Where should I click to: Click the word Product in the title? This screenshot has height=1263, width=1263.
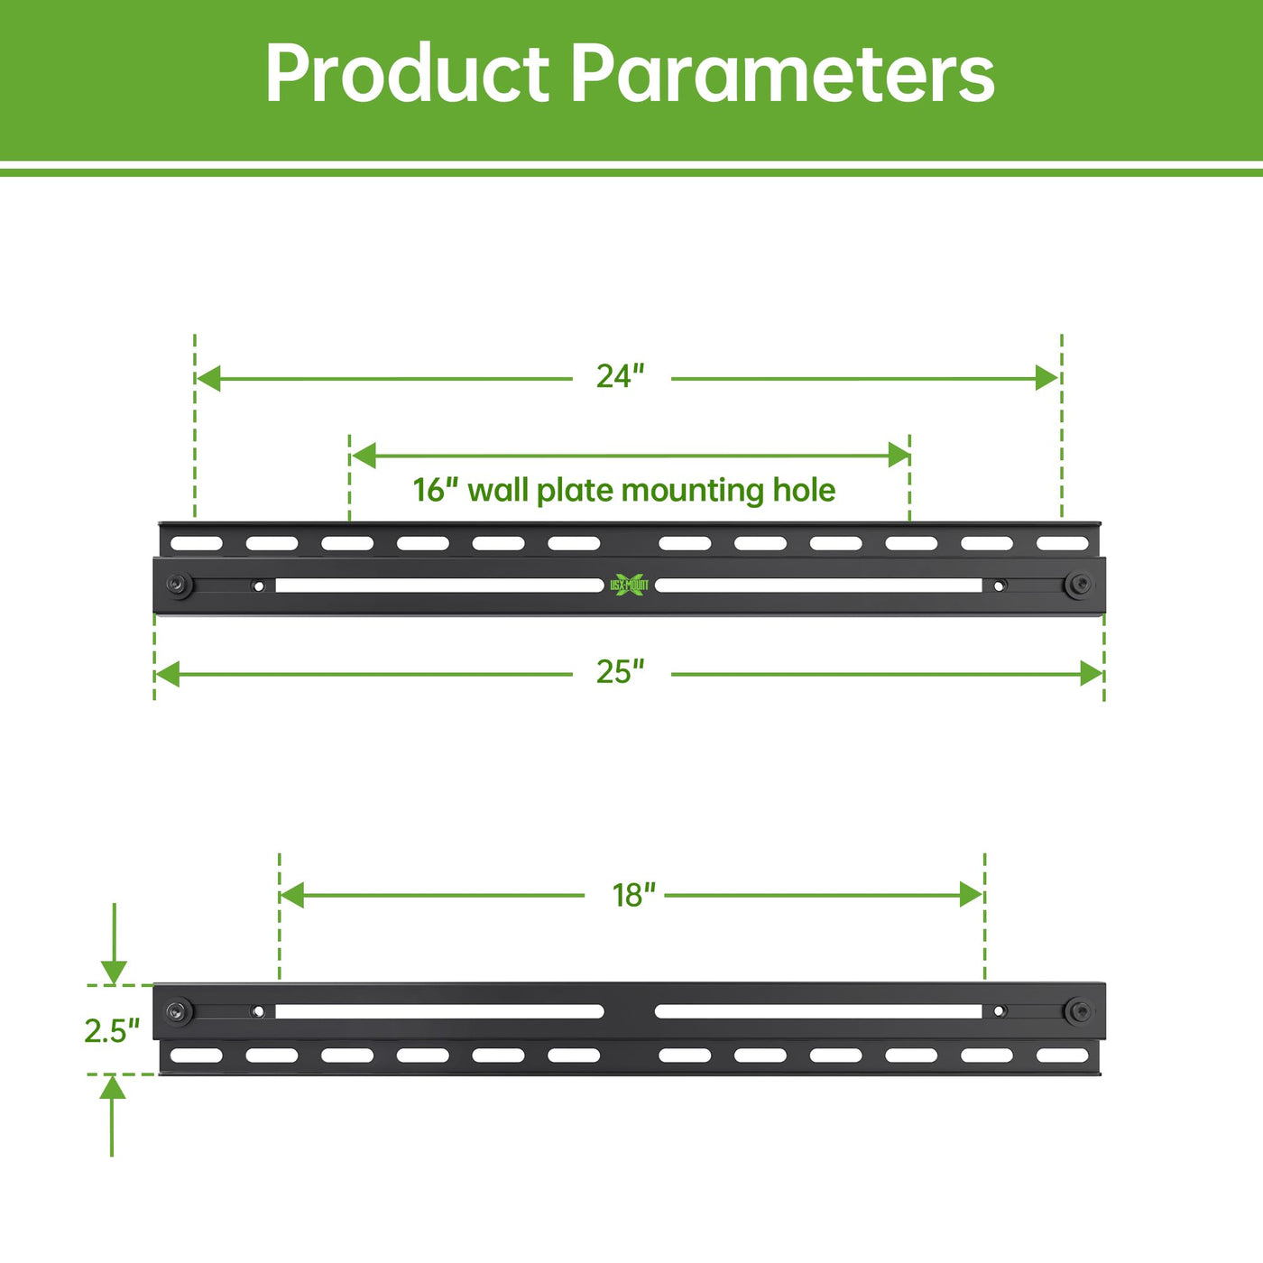click(407, 73)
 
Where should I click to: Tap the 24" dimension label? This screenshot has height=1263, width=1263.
click(620, 376)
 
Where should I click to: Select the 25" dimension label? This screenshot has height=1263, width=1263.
click(620, 671)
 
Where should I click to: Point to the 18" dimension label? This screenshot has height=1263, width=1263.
click(633, 895)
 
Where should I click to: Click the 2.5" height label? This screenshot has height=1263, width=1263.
click(112, 1031)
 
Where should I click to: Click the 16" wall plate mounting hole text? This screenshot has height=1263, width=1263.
click(624, 490)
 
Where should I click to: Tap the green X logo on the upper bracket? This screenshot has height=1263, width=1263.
click(629, 584)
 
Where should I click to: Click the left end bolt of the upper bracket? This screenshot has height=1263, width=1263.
click(179, 584)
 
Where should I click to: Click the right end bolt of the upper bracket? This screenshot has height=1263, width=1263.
click(1078, 584)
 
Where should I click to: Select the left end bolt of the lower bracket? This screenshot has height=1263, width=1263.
click(179, 1011)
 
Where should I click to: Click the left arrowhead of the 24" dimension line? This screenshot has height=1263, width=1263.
click(208, 378)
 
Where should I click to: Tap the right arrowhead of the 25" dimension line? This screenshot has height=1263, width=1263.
click(1092, 674)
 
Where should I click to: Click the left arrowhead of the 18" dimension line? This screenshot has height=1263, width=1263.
click(292, 895)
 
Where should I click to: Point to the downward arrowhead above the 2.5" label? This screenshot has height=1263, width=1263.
click(114, 972)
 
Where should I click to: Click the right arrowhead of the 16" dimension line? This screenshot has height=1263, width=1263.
click(899, 455)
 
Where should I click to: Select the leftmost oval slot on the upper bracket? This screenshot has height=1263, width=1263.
click(196, 543)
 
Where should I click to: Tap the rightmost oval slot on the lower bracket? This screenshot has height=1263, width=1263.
click(1063, 1056)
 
